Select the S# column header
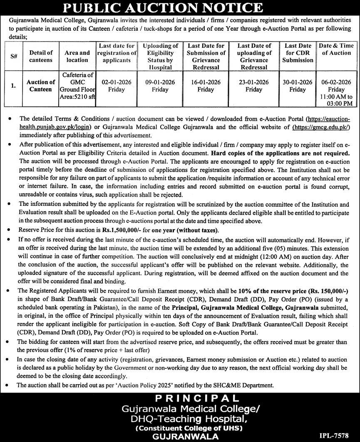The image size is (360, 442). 14,56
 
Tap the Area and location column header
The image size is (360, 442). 77,56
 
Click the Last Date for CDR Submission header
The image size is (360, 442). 298,53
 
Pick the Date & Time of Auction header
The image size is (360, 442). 336,49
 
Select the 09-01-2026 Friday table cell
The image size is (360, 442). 160,86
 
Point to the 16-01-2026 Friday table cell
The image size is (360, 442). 206,86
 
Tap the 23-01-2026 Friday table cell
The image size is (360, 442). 254,86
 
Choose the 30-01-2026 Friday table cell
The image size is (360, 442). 298,86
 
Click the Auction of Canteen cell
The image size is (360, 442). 41,86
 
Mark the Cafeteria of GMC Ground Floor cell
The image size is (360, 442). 77,86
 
